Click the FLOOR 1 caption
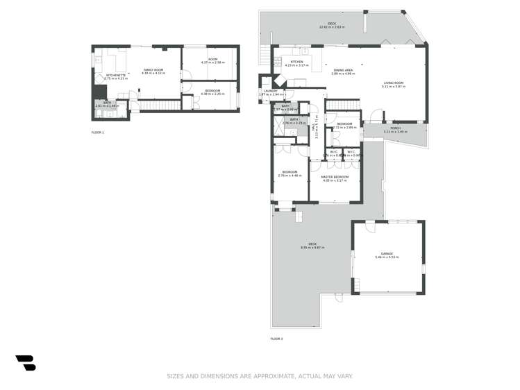pyautogui.click(x=97, y=132)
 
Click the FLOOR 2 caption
pyautogui.click(x=276, y=339)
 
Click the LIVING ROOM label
pyautogui.click(x=392, y=84)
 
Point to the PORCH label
pyautogui.click(x=396, y=129)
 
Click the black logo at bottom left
pyautogui.click(x=26, y=362)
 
